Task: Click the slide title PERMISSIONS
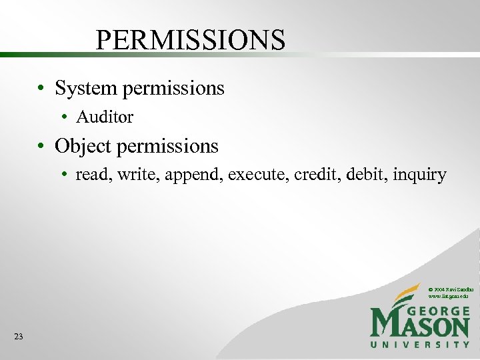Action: pyautogui.click(x=191, y=40)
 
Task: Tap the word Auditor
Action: pyautogui.click(x=105, y=117)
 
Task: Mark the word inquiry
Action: pyautogui.click(x=420, y=175)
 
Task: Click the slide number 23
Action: pyautogui.click(x=18, y=337)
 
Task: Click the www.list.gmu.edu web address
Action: pyautogui.click(x=450, y=295)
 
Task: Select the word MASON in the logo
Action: pyautogui.click(x=420, y=326)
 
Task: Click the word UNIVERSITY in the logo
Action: pyautogui.click(x=420, y=344)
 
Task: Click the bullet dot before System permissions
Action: pyautogui.click(x=41, y=89)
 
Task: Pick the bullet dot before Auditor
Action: pyautogui.click(x=66, y=118)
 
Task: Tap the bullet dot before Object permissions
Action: pyautogui.click(x=41, y=146)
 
